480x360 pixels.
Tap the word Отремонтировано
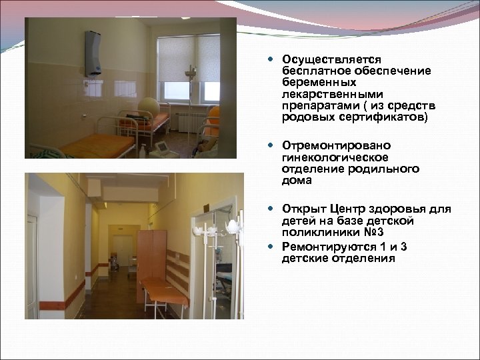[x=327, y=145]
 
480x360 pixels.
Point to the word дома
[x=294, y=180]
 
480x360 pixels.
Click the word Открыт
[x=303, y=208]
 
